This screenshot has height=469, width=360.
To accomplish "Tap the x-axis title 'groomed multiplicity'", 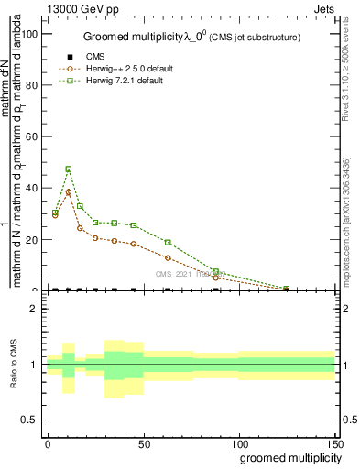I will [x=288, y=456].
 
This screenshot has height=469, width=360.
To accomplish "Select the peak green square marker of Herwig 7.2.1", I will [x=69, y=169].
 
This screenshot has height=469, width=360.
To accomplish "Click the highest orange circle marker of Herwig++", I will [x=69, y=192].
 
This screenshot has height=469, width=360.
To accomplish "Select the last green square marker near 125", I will [x=287, y=289].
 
